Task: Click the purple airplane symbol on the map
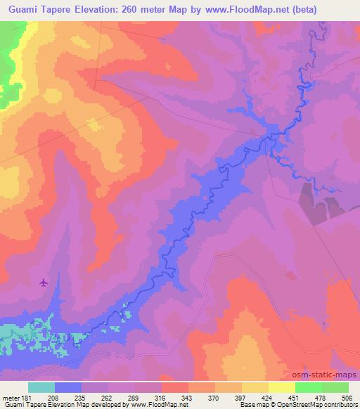click(x=44, y=283)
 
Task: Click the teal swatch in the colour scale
click(x=41, y=387)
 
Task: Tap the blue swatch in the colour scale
click(x=68, y=387)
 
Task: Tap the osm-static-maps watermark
click(x=328, y=373)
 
